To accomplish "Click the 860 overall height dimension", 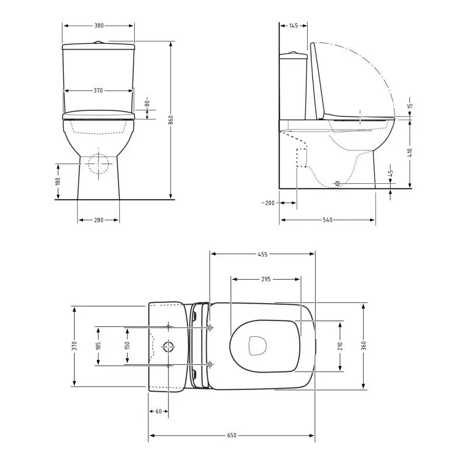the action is click(170, 120).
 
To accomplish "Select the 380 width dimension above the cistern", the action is click(99, 26).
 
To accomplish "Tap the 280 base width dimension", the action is click(99, 220).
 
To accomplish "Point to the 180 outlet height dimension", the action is click(58, 181).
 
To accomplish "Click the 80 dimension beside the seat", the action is click(147, 103).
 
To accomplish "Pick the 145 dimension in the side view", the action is click(294, 26).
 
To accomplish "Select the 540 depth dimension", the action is click(327, 220).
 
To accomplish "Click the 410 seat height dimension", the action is click(410, 153).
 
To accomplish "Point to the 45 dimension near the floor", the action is click(391, 173).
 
